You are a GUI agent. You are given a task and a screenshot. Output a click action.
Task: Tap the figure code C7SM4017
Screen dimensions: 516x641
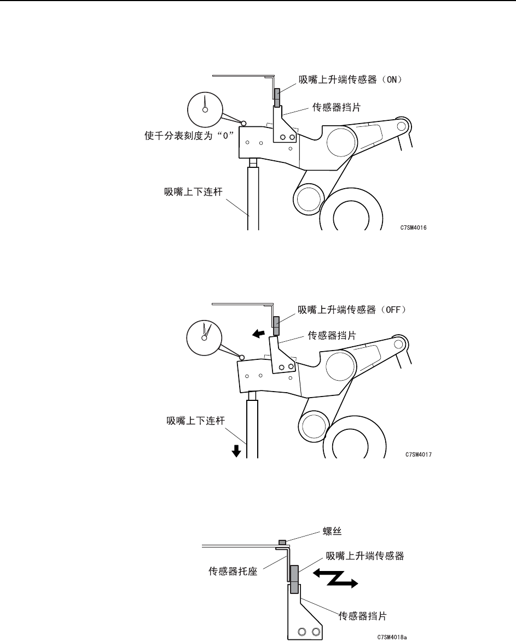click(x=420, y=454)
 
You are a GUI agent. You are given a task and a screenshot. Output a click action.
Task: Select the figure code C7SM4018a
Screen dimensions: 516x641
click(x=392, y=637)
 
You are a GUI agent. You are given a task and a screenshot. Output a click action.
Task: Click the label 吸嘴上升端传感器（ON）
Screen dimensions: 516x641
click(x=350, y=79)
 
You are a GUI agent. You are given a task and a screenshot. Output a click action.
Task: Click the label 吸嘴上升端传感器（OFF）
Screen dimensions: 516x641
click(x=352, y=309)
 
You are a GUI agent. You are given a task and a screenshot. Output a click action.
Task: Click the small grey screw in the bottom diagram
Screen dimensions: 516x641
click(x=282, y=542)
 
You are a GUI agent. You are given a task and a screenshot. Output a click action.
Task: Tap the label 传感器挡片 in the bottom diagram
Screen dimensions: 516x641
click(x=362, y=616)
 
